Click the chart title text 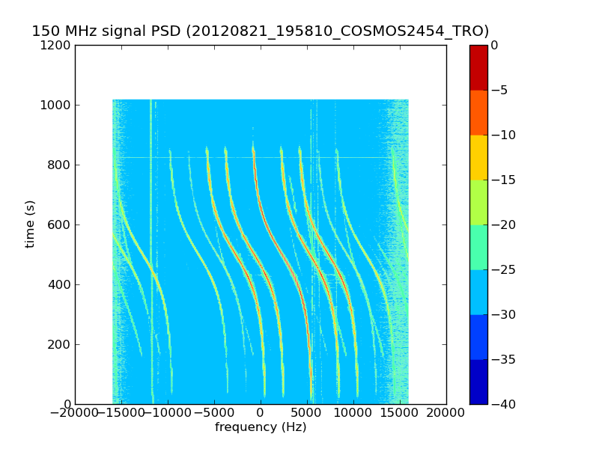(260, 31)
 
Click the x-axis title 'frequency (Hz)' (261, 427)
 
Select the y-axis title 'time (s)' (30, 224)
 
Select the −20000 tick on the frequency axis (74, 413)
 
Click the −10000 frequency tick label (167, 413)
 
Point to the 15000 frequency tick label (400, 413)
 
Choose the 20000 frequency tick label (446, 413)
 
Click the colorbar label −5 (499, 90)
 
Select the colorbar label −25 (502, 269)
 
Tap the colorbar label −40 (502, 404)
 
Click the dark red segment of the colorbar (478, 67)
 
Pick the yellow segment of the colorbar (478, 157)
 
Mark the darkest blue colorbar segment (478, 382)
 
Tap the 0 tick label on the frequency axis (261, 413)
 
